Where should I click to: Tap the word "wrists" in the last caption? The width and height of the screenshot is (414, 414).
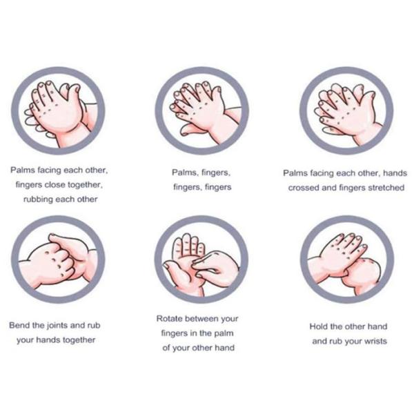pyautogui.click(x=372, y=341)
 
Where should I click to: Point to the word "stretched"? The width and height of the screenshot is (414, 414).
pyautogui.click(x=382, y=187)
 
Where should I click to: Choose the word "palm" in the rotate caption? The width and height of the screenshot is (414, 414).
pyautogui.click(x=224, y=333)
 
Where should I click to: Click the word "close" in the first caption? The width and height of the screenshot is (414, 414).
pyautogui.click(x=56, y=184)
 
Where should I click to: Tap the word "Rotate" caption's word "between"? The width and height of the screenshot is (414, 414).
pyautogui.click(x=202, y=319)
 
